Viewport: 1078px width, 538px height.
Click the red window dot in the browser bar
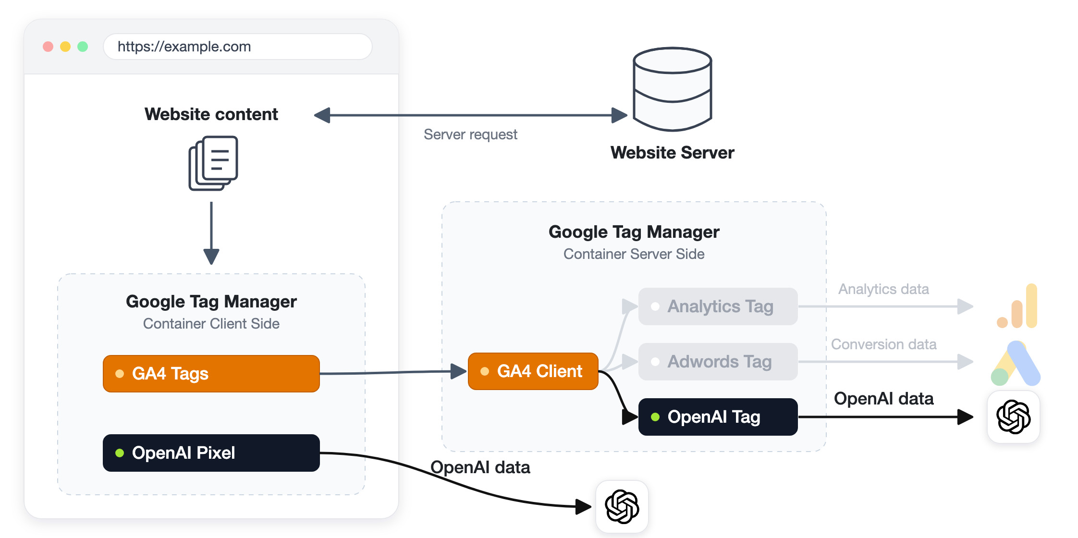48,47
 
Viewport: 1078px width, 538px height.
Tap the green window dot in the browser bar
83,47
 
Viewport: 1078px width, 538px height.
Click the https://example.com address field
238,47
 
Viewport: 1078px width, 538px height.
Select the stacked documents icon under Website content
213,163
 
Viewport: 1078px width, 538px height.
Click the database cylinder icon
673,89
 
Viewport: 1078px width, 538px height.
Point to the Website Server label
673,153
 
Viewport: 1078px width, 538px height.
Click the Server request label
470,134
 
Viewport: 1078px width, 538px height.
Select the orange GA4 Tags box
211,374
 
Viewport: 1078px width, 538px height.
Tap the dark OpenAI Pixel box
211,453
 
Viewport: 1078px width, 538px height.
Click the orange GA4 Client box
533,371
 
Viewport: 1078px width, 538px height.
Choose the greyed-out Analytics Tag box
718,306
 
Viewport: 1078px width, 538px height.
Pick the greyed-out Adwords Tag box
718,362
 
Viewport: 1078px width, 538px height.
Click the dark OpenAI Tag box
718,417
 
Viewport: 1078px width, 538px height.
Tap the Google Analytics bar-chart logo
1017,306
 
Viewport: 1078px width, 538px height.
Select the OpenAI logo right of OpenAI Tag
1014,417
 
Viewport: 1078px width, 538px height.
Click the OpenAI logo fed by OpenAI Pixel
622,507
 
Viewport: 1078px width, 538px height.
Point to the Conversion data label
884,344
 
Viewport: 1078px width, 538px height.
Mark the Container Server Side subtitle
634,254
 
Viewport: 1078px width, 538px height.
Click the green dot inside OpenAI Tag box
655,417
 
